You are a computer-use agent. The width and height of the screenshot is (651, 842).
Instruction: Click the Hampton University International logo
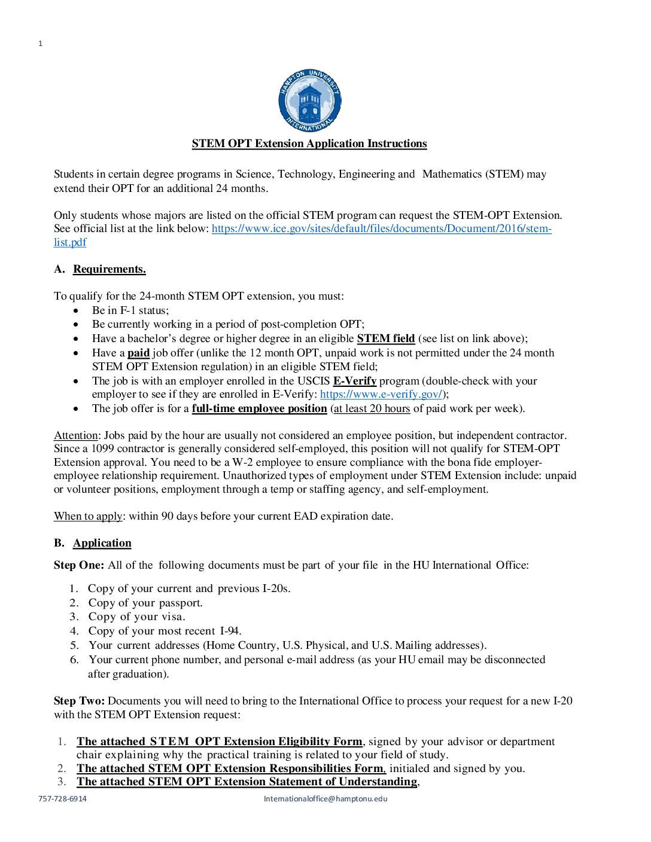click(x=309, y=100)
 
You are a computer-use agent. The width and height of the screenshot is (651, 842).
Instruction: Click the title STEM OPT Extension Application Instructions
click(x=309, y=144)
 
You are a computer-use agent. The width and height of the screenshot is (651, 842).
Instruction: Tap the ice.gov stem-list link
click(x=381, y=228)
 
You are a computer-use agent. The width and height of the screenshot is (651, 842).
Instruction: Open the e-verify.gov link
click(x=381, y=394)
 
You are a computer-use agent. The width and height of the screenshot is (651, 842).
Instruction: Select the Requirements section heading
click(x=109, y=269)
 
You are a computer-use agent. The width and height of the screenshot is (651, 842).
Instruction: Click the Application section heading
click(x=102, y=543)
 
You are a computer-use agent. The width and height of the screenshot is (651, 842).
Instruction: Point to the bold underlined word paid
click(x=138, y=353)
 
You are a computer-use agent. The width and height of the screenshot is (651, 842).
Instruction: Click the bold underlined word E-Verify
click(x=354, y=381)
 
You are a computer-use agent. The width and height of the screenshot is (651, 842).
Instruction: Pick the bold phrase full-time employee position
click(x=259, y=408)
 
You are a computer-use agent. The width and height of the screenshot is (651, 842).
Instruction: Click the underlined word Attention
click(x=75, y=435)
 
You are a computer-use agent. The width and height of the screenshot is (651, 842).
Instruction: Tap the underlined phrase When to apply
click(x=88, y=516)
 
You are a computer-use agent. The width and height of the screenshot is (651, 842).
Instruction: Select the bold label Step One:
click(x=79, y=565)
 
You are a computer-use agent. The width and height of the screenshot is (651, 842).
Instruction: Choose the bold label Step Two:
click(x=79, y=701)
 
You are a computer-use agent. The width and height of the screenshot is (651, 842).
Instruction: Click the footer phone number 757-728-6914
click(x=62, y=799)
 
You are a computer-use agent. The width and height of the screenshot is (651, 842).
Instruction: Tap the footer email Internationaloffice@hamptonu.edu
click(x=325, y=799)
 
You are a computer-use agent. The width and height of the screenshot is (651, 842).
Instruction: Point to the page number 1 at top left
click(x=41, y=44)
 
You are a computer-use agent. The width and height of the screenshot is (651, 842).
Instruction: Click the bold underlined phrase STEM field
click(x=386, y=338)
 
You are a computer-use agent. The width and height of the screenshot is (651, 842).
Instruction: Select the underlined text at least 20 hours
click(x=372, y=408)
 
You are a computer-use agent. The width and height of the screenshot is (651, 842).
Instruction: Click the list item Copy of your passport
click(x=145, y=603)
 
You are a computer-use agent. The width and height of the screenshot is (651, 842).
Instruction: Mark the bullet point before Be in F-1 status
click(x=76, y=311)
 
